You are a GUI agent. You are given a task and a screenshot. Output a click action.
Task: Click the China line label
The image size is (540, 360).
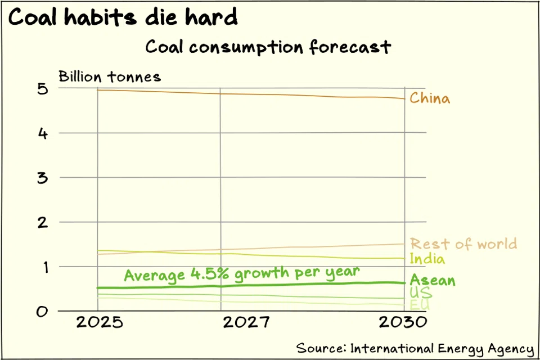point(430,98)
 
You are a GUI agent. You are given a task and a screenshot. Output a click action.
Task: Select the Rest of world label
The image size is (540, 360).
point(463,244)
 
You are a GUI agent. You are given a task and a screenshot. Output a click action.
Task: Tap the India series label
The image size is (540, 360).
point(427,259)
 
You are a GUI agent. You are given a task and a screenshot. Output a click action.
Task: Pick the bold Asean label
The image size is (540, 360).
point(433,280)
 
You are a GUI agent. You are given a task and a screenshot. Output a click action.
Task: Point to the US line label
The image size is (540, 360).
point(421,292)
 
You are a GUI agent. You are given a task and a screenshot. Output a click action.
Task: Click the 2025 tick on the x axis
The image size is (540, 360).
point(98,323)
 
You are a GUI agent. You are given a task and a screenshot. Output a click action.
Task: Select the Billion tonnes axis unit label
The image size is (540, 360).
point(110,76)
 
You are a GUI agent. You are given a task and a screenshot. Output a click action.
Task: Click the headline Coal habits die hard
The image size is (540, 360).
point(123,17)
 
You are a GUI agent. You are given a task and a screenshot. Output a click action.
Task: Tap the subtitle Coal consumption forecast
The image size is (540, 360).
point(268,47)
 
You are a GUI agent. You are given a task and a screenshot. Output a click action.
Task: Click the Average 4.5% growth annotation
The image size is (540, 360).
point(241,273)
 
